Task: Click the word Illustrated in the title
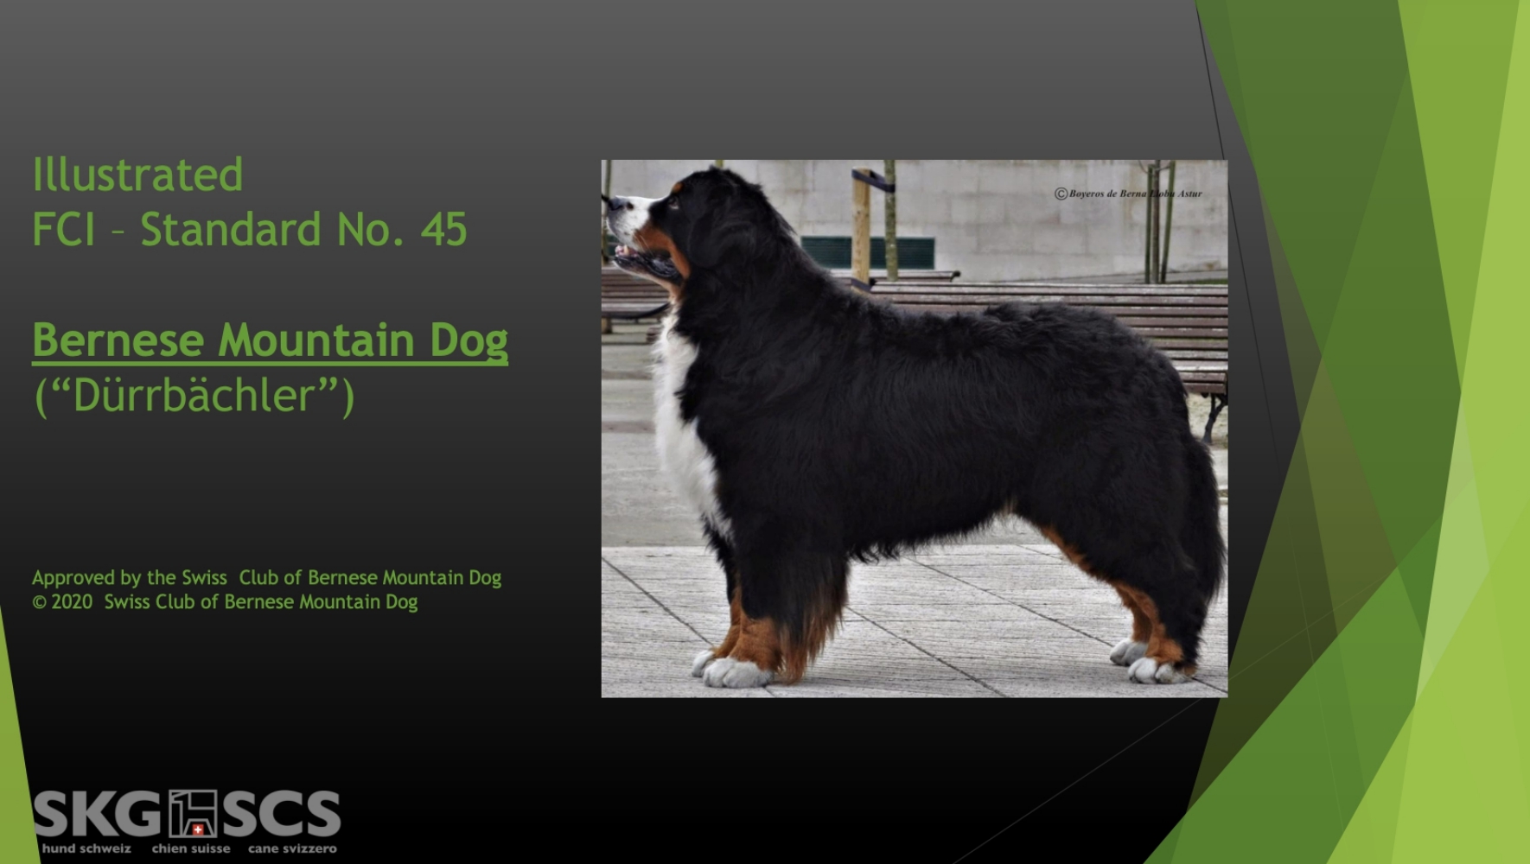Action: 137,175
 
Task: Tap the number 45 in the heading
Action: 443,230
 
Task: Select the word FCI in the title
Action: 63,230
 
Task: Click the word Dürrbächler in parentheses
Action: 194,396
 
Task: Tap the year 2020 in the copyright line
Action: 72,602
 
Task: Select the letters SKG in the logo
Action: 97,814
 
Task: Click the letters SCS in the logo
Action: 282,814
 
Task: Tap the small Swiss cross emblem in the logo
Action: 198,829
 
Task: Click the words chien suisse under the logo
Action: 191,848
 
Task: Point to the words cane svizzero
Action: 292,848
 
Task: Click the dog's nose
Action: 612,204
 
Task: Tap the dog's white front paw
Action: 733,671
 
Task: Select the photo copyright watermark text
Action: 1128,194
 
